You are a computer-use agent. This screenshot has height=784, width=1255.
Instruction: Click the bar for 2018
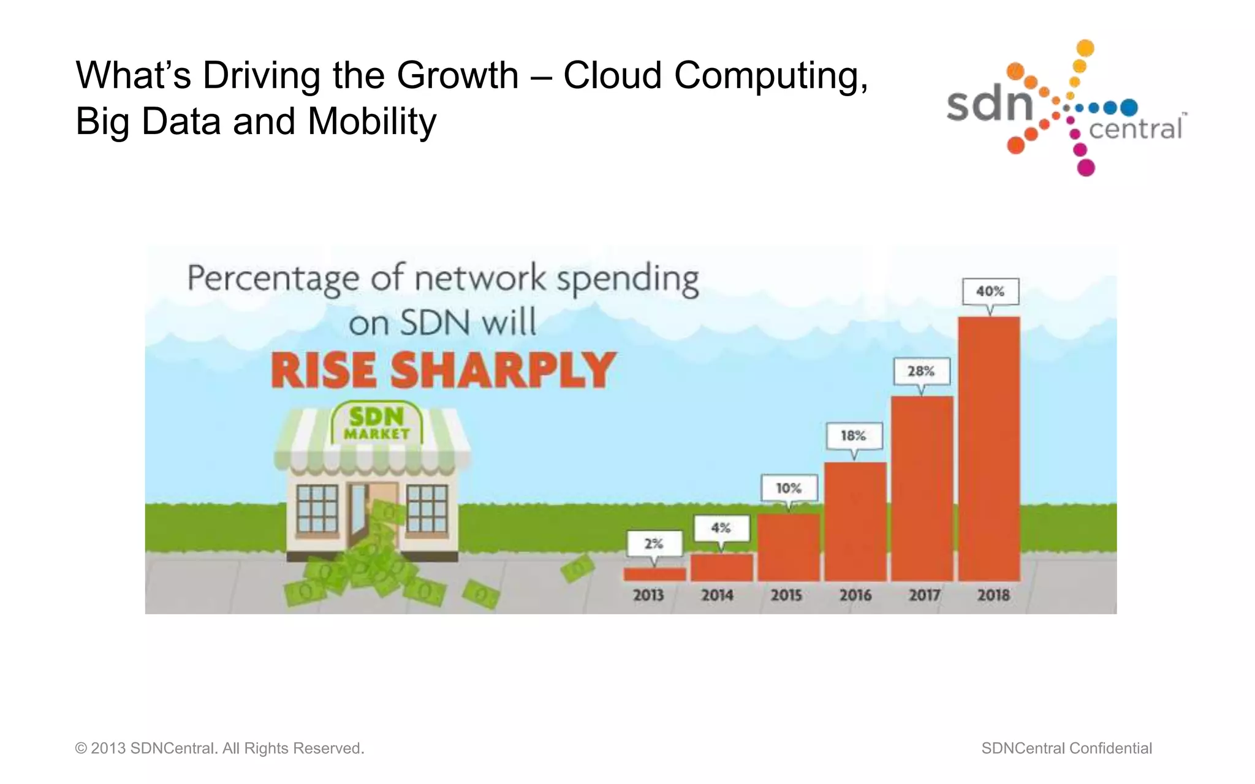pos(989,448)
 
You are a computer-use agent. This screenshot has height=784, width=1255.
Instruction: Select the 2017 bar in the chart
pos(922,488)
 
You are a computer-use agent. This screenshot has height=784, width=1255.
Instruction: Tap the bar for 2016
pos(855,521)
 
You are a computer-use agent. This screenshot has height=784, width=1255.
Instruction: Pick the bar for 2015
pos(788,547)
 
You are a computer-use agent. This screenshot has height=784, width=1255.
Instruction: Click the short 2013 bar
pos(654,574)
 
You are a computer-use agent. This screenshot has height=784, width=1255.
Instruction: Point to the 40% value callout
pos(990,292)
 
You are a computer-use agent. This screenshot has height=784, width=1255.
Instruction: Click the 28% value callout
pos(922,371)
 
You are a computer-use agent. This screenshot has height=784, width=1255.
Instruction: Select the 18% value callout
pos(854,436)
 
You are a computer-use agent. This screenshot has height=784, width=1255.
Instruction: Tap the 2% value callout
pos(654,543)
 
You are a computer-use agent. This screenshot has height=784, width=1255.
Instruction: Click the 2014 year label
pos(717,595)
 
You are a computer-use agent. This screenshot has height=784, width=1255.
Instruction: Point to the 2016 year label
pos(855,595)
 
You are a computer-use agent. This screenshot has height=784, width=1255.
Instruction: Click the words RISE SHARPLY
pos(442,371)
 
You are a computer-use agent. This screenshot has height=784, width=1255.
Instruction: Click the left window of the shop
pos(317,508)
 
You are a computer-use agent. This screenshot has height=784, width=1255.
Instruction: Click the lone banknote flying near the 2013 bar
pos(577,568)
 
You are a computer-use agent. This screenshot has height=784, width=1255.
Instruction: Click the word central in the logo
pos(1136,129)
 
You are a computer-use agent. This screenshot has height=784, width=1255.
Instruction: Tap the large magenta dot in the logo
pos(1086,167)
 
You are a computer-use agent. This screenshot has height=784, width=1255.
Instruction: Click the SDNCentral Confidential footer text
pos(1066,748)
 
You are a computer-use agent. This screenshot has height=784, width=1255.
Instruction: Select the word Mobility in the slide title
pos(372,121)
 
